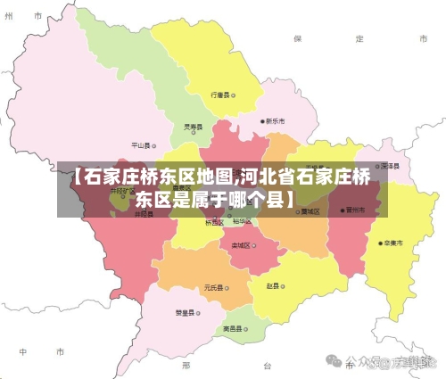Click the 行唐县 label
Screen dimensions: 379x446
(220, 94)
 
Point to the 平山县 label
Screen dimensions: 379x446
(140, 144)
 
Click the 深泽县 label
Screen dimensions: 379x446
(387, 166)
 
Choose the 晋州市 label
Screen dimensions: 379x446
(355, 211)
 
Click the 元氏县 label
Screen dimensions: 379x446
(213, 287)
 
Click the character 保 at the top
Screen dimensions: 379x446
(299, 39)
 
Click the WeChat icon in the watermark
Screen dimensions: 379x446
(334, 361)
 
